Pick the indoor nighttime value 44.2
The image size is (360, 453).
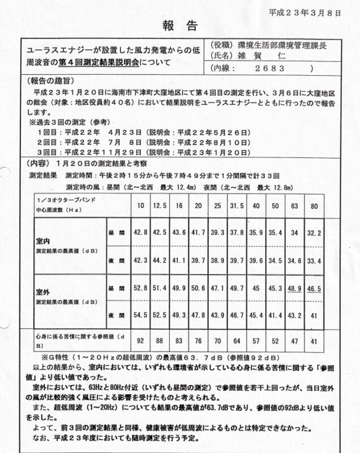(x=161, y=259)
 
